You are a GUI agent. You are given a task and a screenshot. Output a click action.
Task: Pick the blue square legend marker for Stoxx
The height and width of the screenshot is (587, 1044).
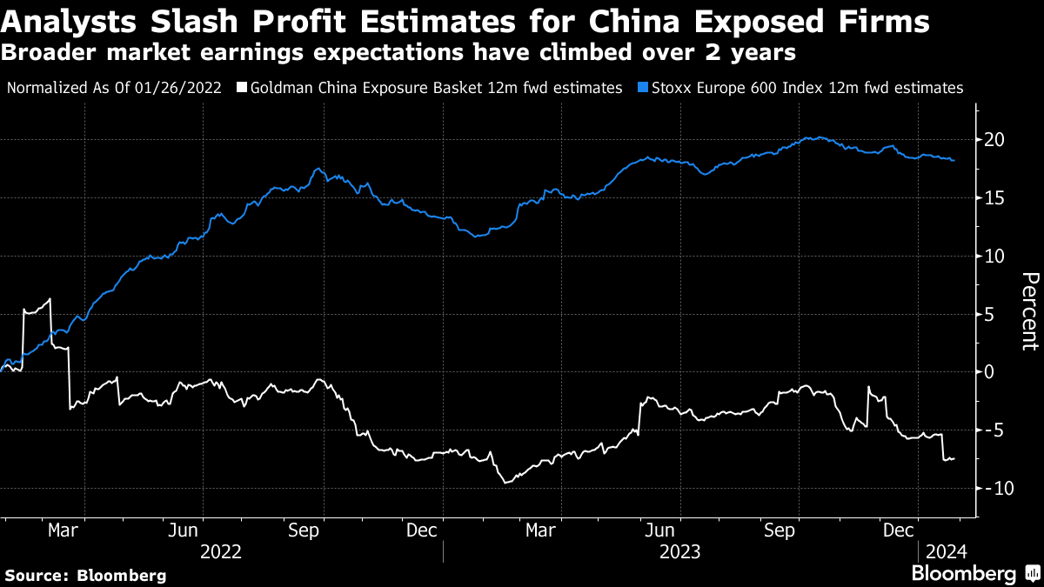[x=643, y=88]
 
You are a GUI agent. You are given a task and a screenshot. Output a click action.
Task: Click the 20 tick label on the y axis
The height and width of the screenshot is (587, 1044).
[x=995, y=140]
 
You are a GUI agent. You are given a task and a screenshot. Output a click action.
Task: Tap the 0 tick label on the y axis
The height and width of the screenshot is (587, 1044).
[x=990, y=372]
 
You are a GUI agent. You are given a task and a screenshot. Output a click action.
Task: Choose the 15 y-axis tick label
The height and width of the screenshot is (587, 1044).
[x=995, y=198]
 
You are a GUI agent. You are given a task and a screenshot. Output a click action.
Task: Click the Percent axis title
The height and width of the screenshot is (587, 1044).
[x=1028, y=311]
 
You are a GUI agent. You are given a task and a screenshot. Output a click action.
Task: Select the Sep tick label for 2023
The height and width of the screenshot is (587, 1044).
[x=780, y=530]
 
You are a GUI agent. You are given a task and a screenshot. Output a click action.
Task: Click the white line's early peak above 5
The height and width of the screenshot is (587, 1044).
[x=50, y=299]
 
